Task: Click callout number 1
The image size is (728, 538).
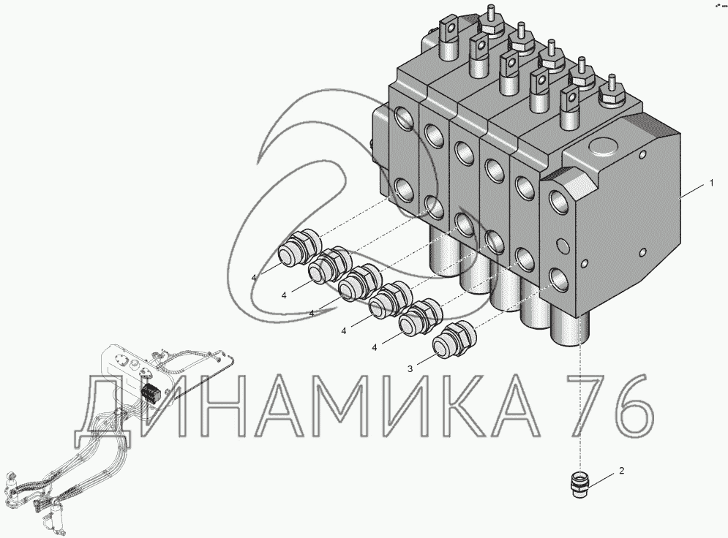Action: coord(711,183)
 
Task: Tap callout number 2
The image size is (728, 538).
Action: coord(622,471)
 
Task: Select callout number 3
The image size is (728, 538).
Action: coord(410,368)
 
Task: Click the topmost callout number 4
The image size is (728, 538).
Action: coord(253,277)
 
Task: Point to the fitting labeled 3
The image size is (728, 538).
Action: coord(454,340)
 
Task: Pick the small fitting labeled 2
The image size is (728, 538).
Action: coord(578,485)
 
